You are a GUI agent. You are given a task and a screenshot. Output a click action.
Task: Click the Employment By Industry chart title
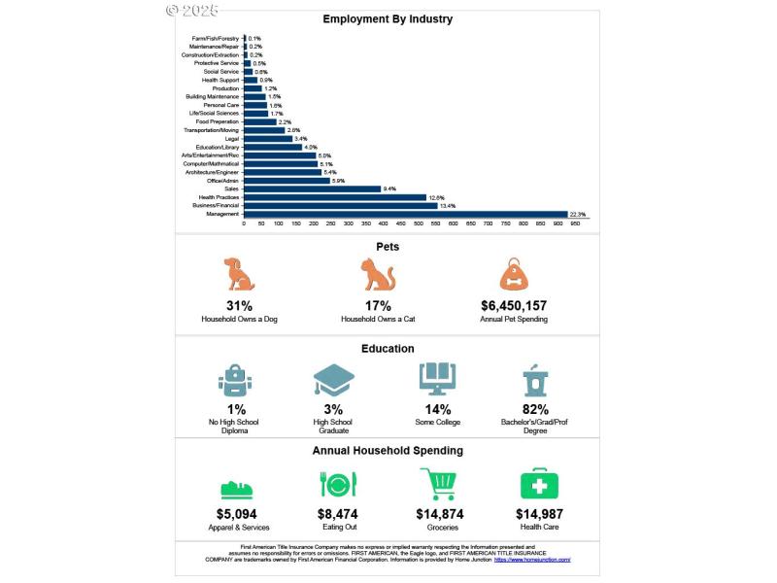388,18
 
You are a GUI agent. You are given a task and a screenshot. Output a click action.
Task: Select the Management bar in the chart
405,214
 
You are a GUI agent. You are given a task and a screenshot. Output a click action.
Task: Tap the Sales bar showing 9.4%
312,189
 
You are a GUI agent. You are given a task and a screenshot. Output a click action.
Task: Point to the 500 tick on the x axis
419,223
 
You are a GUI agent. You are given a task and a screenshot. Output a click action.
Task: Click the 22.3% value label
578,214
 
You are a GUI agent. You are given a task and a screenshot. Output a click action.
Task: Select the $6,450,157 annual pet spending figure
514,305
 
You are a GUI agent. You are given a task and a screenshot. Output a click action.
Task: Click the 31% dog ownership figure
239,305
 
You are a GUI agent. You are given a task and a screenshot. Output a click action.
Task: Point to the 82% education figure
535,409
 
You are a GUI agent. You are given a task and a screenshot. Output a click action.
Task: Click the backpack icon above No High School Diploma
236,380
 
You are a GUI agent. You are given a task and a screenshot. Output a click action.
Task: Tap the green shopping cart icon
438,484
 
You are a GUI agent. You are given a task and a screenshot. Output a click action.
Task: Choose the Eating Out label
338,528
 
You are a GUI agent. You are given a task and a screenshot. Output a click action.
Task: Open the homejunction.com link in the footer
532,560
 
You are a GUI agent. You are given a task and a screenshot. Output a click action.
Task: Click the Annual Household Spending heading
388,451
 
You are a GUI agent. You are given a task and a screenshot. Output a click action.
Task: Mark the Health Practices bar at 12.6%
335,197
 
